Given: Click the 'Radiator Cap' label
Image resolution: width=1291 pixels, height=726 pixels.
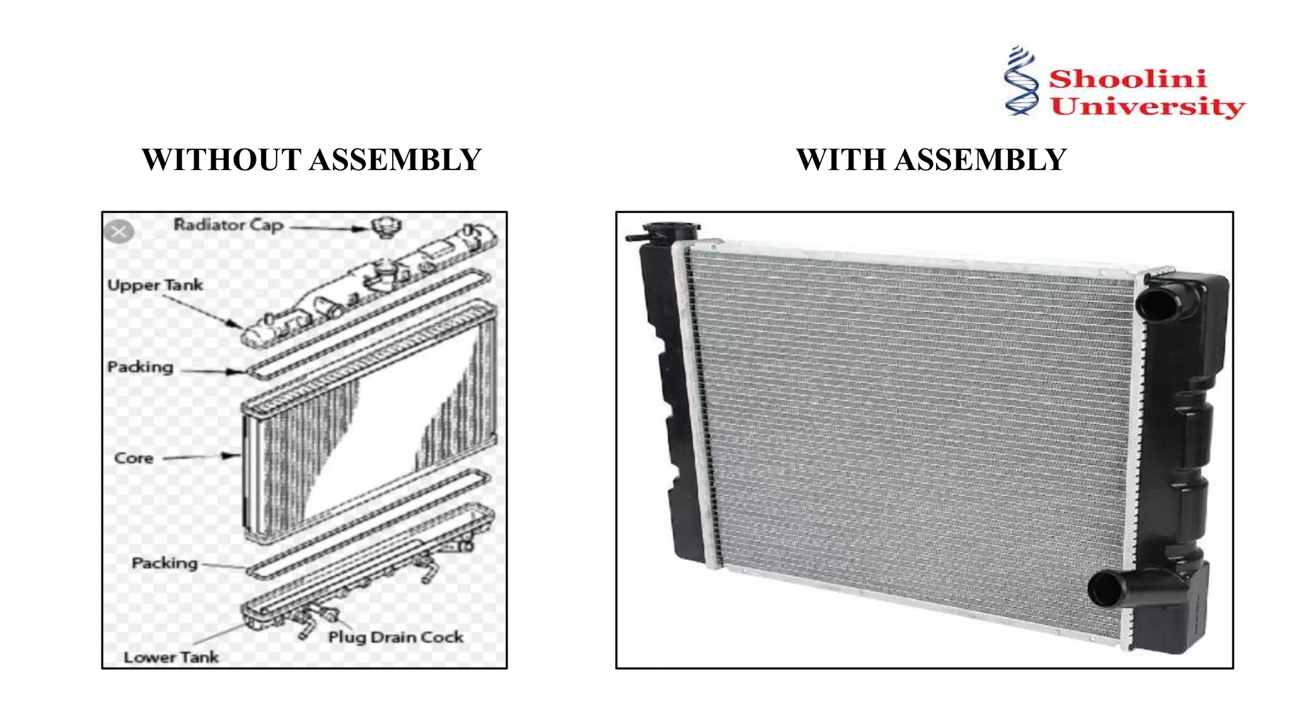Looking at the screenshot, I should click(228, 225).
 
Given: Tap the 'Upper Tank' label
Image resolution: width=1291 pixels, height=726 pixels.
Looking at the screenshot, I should click(155, 285).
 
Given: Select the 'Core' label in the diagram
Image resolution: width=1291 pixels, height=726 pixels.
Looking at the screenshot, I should click(134, 458).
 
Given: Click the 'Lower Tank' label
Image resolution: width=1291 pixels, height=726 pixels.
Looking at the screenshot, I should click(171, 657).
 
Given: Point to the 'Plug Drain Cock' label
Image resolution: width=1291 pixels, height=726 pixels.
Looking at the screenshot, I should click(396, 637).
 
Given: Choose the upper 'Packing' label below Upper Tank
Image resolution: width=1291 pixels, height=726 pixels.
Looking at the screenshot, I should click(140, 367).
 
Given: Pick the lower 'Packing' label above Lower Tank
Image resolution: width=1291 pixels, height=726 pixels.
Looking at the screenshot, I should click(165, 563).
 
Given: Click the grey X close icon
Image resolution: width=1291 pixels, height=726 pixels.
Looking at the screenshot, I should click(119, 232).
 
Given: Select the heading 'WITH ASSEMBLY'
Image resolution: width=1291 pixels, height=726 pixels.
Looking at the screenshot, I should click(931, 159).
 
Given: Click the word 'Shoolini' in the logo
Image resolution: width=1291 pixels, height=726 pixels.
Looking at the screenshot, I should click(1128, 79).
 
